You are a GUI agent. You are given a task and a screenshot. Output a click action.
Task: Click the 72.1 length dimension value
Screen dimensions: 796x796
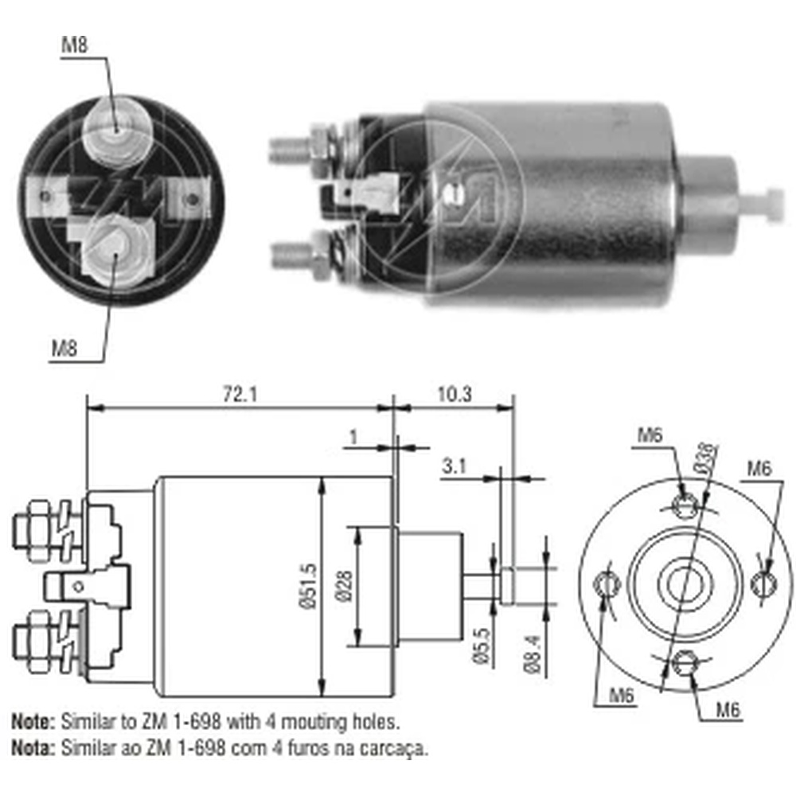point(240,394)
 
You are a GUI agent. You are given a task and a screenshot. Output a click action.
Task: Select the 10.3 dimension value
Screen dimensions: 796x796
point(455,394)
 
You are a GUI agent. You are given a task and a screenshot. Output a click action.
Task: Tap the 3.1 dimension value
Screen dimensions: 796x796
point(454,466)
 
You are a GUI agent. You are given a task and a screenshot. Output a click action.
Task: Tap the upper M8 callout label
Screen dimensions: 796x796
point(75,45)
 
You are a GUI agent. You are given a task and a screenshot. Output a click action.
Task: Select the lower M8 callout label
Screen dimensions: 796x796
point(64,349)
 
